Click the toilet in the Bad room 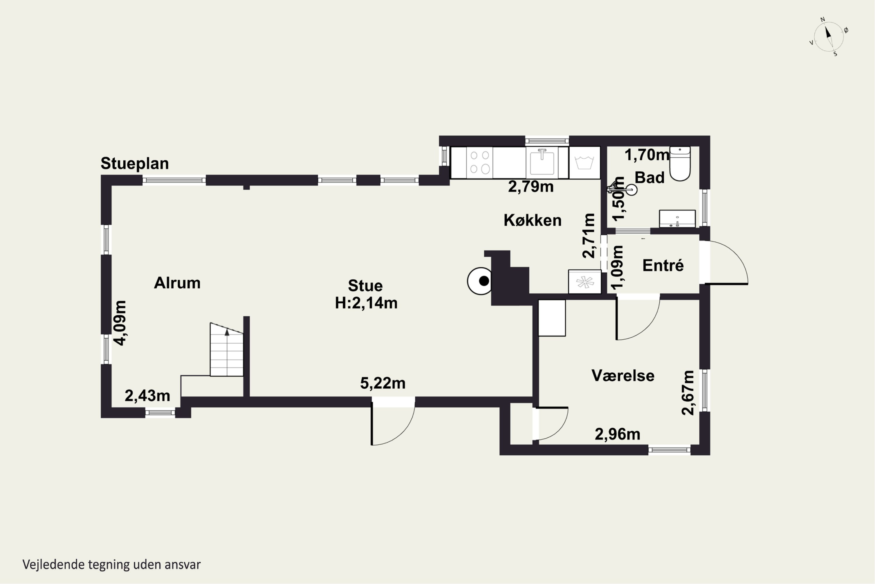coord(680,164)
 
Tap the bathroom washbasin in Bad coord(677,219)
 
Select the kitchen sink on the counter coord(542,162)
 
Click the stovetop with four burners coord(480,162)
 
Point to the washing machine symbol coord(584,162)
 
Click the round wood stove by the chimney coord(480,281)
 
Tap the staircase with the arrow coord(227,349)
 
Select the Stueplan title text coord(134,164)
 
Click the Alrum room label coord(177,283)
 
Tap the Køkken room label coord(532,220)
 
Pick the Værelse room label coord(623,376)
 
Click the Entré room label coord(663,265)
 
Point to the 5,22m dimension coord(383,383)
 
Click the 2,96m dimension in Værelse coord(617,434)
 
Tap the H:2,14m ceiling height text coord(366,303)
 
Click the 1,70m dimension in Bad coord(647,155)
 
